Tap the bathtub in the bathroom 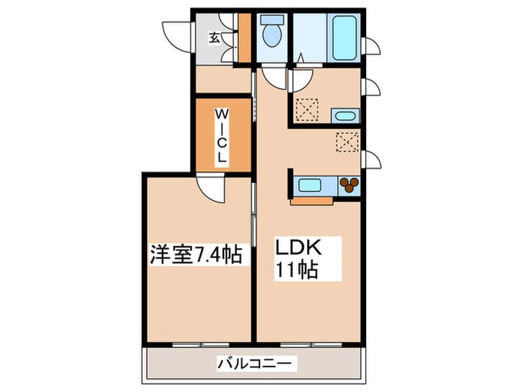[344, 37]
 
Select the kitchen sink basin [309, 185]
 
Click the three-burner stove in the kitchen [349, 185]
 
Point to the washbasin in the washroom [345, 116]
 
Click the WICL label [221, 135]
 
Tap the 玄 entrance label [214, 38]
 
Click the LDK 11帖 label [297, 258]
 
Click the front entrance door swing [178, 37]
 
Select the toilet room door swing [274, 78]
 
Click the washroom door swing [301, 81]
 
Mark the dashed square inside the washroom [307, 109]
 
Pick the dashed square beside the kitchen [347, 142]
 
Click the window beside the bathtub [371, 46]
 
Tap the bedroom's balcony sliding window [201, 345]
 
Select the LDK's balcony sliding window [311, 345]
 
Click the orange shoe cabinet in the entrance [245, 37]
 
